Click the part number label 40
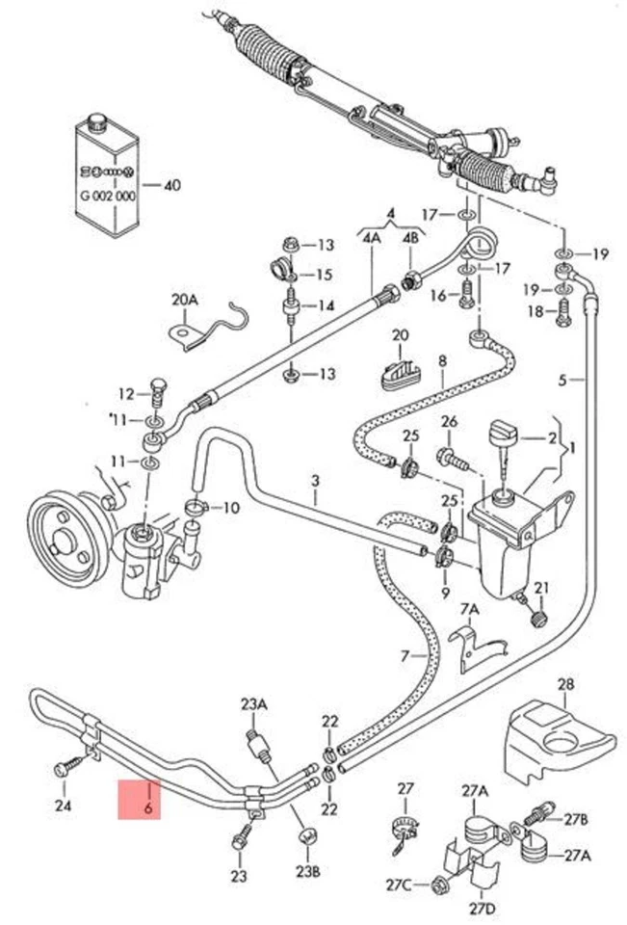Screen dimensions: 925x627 (172, 185)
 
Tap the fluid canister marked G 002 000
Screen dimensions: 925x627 (108, 178)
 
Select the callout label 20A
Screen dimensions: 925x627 (184, 300)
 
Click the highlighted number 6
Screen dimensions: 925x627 (148, 807)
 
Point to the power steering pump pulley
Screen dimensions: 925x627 (61, 535)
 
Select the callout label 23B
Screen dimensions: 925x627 (306, 873)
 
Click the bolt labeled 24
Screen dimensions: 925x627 (63, 769)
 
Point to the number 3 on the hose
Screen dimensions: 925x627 (314, 479)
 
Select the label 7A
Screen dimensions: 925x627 (469, 609)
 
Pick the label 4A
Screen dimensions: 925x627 (371, 235)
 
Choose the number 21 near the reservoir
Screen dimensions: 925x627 (541, 588)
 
